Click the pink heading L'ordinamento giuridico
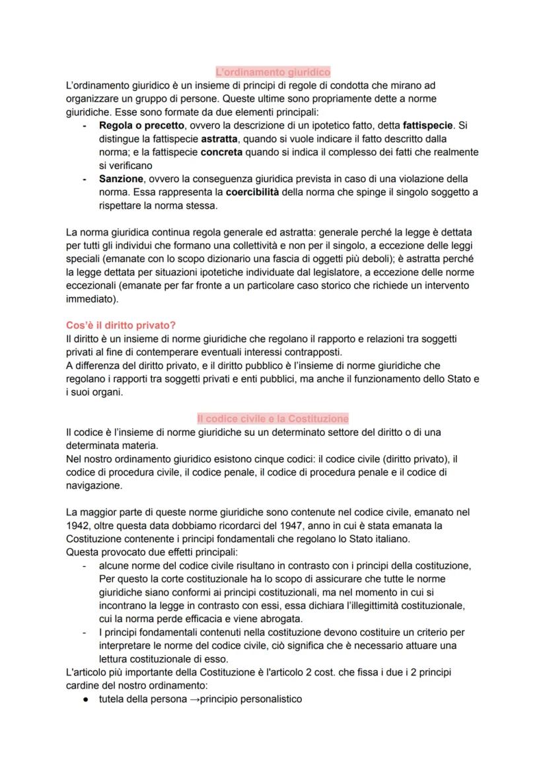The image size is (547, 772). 273,72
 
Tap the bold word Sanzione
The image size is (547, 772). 122,179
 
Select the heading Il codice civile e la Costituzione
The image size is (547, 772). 273,419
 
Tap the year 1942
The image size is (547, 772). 78,525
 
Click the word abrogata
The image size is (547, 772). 281,619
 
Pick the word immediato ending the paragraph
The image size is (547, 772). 89,298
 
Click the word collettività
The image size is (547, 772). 231,246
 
